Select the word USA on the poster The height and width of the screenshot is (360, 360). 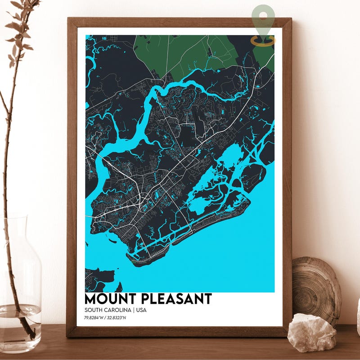pos(141,310)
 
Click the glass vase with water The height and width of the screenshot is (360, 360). pos(20,288)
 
